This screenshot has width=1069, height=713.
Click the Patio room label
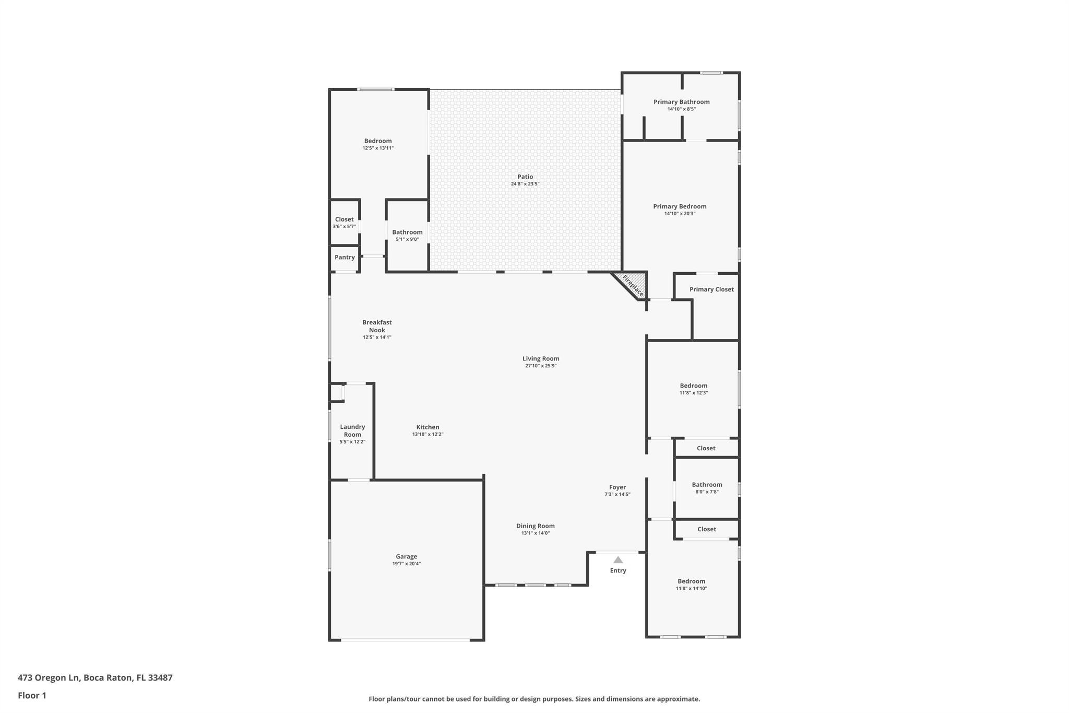[x=525, y=177]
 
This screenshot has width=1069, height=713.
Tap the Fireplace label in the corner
[x=633, y=286]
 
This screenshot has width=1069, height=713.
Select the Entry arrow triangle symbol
[x=618, y=559]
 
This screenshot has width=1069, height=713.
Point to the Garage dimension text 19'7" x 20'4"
[x=407, y=564]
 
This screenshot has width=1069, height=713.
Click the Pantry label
[x=345, y=257]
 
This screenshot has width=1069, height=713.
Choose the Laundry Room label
[x=352, y=430]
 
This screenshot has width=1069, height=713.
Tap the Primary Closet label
[x=711, y=289]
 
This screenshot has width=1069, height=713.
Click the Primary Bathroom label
[x=682, y=102]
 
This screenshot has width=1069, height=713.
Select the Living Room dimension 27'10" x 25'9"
[x=541, y=366]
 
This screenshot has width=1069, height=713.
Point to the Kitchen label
[x=427, y=427]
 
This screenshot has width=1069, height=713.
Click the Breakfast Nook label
[x=377, y=326]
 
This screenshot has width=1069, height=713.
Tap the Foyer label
[x=617, y=487]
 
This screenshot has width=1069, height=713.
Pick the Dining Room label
[x=536, y=526]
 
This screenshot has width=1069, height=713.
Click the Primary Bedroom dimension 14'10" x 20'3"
[x=680, y=214]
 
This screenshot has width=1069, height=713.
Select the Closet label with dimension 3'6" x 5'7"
[x=345, y=219]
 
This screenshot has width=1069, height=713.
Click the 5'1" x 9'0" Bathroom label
[x=407, y=232]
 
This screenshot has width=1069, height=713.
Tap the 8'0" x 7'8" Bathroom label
[x=707, y=485]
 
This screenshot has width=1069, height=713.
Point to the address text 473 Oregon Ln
[x=49, y=677]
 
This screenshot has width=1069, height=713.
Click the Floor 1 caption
[x=32, y=695]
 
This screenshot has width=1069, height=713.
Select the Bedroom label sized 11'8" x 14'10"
[x=692, y=581]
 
